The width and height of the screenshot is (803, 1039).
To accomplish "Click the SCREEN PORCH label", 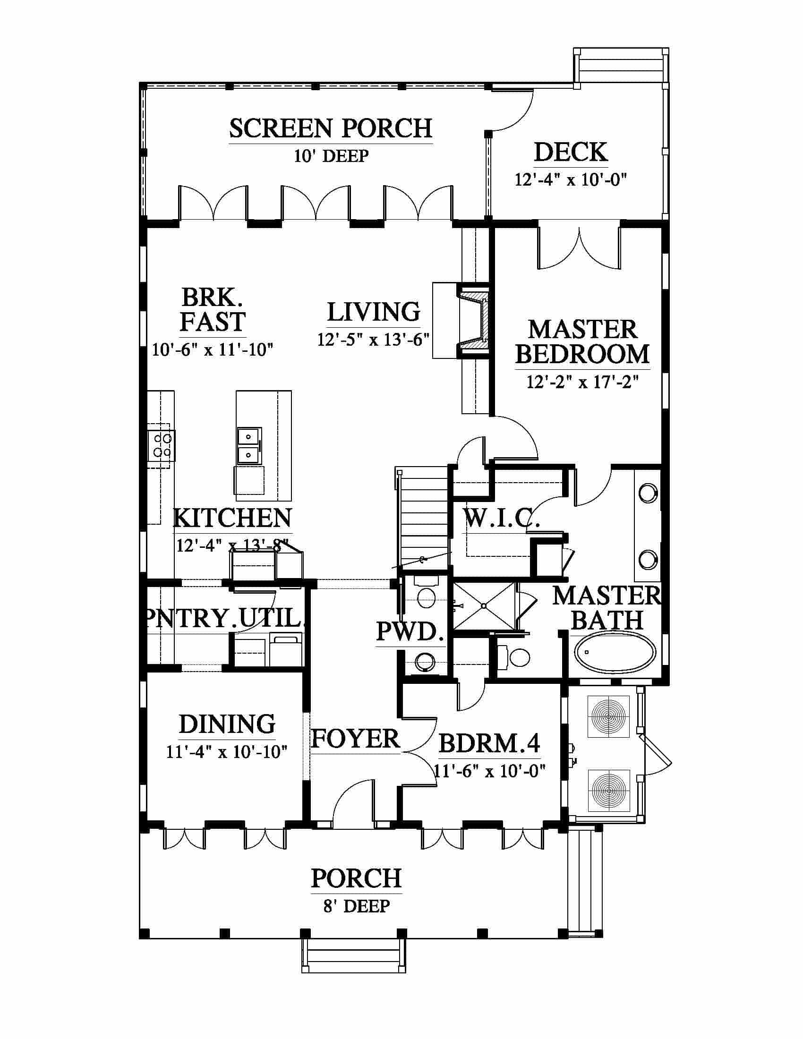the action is [x=331, y=128].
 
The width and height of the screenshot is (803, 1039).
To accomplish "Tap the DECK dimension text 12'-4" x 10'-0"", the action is [x=571, y=179].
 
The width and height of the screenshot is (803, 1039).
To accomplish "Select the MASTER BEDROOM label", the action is [x=583, y=342].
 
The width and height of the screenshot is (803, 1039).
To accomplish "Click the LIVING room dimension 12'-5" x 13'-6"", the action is [x=374, y=340].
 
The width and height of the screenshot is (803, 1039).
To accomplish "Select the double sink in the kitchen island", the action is [x=249, y=445].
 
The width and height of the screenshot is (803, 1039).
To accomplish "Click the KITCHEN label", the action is [x=232, y=518].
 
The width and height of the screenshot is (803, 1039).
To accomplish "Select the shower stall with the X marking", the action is [x=483, y=606].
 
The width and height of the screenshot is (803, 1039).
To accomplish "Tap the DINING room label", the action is [x=227, y=724].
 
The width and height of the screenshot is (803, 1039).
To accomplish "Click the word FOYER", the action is [x=356, y=738].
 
